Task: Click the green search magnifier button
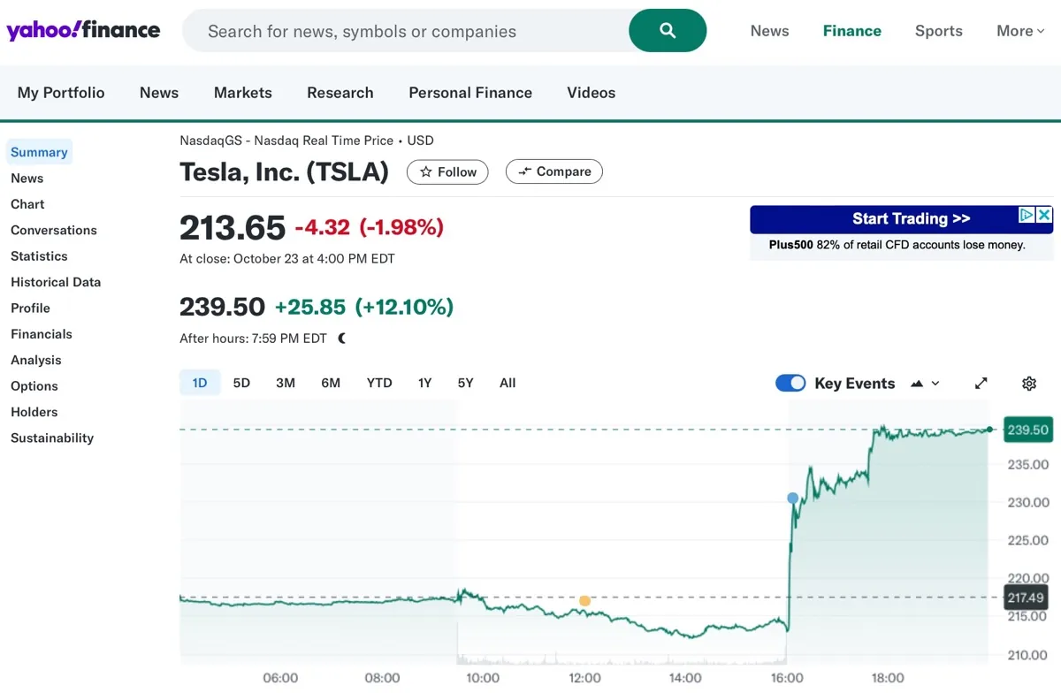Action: pyautogui.click(x=668, y=31)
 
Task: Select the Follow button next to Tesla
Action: pyautogui.click(x=447, y=171)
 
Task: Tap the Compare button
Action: pyautogui.click(x=553, y=171)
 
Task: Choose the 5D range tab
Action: pyautogui.click(x=241, y=383)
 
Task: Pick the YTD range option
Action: pyautogui.click(x=379, y=383)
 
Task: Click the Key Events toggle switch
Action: pyautogui.click(x=790, y=383)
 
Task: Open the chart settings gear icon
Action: pyautogui.click(x=1029, y=384)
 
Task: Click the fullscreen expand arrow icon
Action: pyautogui.click(x=981, y=384)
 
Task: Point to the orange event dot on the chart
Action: pyautogui.click(x=584, y=601)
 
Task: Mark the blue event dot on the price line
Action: pyautogui.click(x=792, y=499)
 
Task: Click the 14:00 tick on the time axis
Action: pyautogui.click(x=685, y=678)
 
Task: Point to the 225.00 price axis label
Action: pyautogui.click(x=1028, y=541)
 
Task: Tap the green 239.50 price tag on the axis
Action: pyautogui.click(x=1027, y=430)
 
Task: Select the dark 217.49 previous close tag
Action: pyautogui.click(x=1026, y=598)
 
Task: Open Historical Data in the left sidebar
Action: pyautogui.click(x=56, y=282)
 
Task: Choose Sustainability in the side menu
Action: pyautogui.click(x=52, y=438)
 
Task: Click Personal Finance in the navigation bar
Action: pyautogui.click(x=470, y=93)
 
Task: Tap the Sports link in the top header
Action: pyautogui.click(x=938, y=31)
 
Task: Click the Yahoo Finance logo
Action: pyautogui.click(x=83, y=31)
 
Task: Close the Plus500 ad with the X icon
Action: pyautogui.click(x=1044, y=215)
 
